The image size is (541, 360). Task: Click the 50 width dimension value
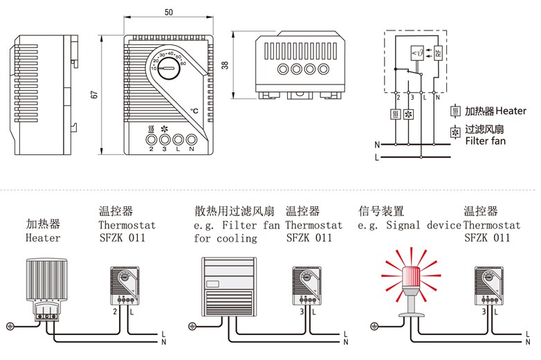click(x=169, y=12)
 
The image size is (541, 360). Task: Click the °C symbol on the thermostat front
click(x=194, y=110)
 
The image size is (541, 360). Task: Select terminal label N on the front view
click(x=192, y=149)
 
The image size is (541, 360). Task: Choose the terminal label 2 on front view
click(x=151, y=149)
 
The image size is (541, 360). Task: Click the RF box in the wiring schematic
click(x=438, y=53)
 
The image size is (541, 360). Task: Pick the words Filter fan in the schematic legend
click(x=485, y=141)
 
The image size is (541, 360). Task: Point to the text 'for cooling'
click(x=225, y=238)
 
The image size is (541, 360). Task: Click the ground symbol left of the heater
click(x=10, y=326)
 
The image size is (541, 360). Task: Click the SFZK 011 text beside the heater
click(x=122, y=237)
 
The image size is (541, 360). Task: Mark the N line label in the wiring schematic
click(x=376, y=145)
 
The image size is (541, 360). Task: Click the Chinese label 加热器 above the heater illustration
click(x=43, y=224)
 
